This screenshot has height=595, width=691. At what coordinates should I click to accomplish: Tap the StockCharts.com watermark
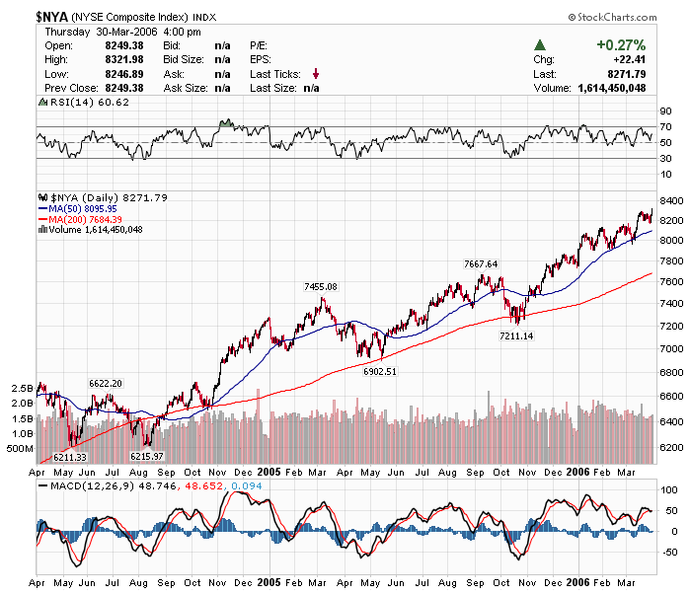(x=612, y=18)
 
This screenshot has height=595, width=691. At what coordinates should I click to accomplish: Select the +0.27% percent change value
(x=621, y=45)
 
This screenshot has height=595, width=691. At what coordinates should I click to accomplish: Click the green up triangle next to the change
(x=540, y=45)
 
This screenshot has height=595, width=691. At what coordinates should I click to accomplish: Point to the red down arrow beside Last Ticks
(x=316, y=73)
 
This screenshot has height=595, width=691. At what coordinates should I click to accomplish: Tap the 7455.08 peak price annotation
(x=320, y=286)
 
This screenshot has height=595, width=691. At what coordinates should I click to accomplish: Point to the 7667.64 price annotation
(x=481, y=263)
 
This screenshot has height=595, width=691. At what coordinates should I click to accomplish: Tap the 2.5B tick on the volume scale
(x=23, y=388)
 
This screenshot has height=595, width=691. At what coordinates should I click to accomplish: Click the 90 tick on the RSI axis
(x=666, y=112)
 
